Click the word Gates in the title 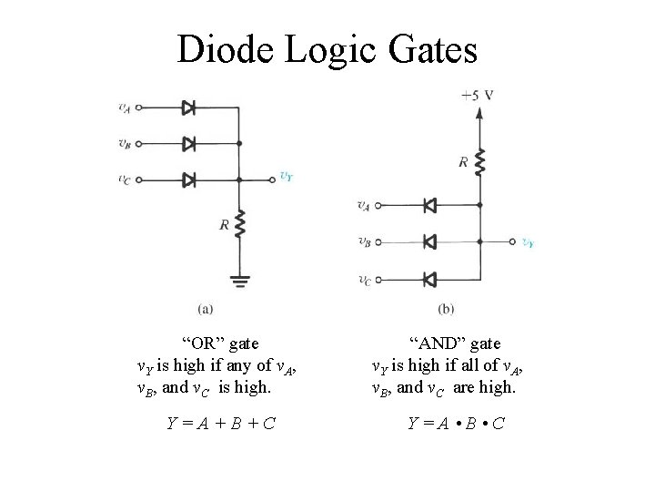click(x=431, y=50)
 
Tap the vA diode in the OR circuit click(x=189, y=108)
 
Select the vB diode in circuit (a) click(x=189, y=143)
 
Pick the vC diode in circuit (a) click(x=189, y=179)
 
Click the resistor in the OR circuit click(x=239, y=224)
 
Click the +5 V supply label click(x=478, y=94)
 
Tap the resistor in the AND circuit click(x=479, y=164)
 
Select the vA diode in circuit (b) click(x=430, y=206)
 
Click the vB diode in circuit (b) click(x=430, y=242)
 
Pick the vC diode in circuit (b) click(x=430, y=278)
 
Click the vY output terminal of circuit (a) click(x=272, y=179)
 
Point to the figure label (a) click(x=207, y=309)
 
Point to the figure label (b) click(x=446, y=309)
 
